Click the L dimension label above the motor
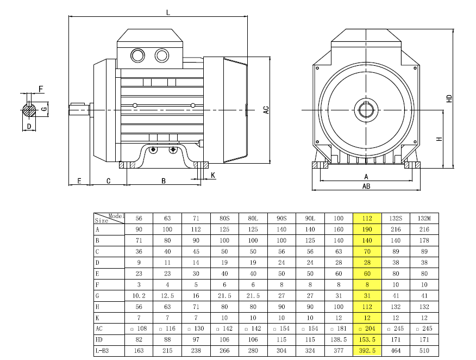(168, 12)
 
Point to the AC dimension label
(266, 109)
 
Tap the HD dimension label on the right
(449, 99)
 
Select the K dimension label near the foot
(212, 175)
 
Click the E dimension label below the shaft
(79, 181)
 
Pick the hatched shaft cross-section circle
(29, 109)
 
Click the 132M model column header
(424, 218)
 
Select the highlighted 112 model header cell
(367, 218)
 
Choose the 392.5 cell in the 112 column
(367, 351)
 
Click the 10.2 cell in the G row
(139, 296)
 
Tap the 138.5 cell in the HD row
(339, 340)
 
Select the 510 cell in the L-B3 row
(424, 351)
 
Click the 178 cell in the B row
(424, 240)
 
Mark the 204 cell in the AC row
(367, 329)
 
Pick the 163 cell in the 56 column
(139, 351)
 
